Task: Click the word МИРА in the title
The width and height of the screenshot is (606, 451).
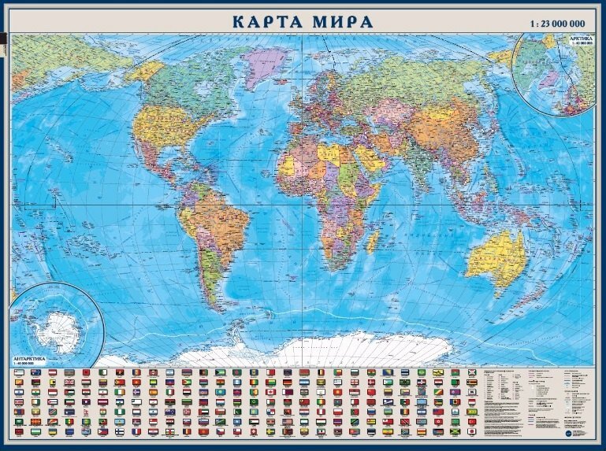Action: tap(340, 21)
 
